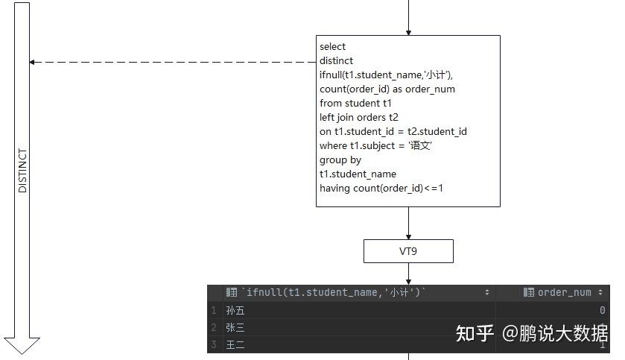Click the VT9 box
pyautogui.click(x=408, y=251)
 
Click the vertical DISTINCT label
pyautogui.click(x=22, y=171)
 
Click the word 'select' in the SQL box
pyautogui.click(x=333, y=47)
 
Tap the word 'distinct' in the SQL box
pyautogui.click(x=337, y=61)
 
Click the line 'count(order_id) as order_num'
pyautogui.click(x=387, y=89)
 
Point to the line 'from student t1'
pyautogui.click(x=355, y=104)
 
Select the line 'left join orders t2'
pyautogui.click(x=359, y=118)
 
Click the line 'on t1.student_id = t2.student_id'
pyautogui.click(x=393, y=132)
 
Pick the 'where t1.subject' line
pyautogui.click(x=376, y=146)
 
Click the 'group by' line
pyautogui.click(x=340, y=160)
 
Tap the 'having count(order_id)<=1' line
pyautogui.click(x=381, y=189)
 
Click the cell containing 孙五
pyautogui.click(x=235, y=311)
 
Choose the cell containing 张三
pyautogui.click(x=235, y=328)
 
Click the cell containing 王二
pyautogui.click(x=235, y=345)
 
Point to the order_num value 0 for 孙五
pyautogui.click(x=602, y=311)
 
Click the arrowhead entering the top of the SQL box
pyautogui.click(x=408, y=31)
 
